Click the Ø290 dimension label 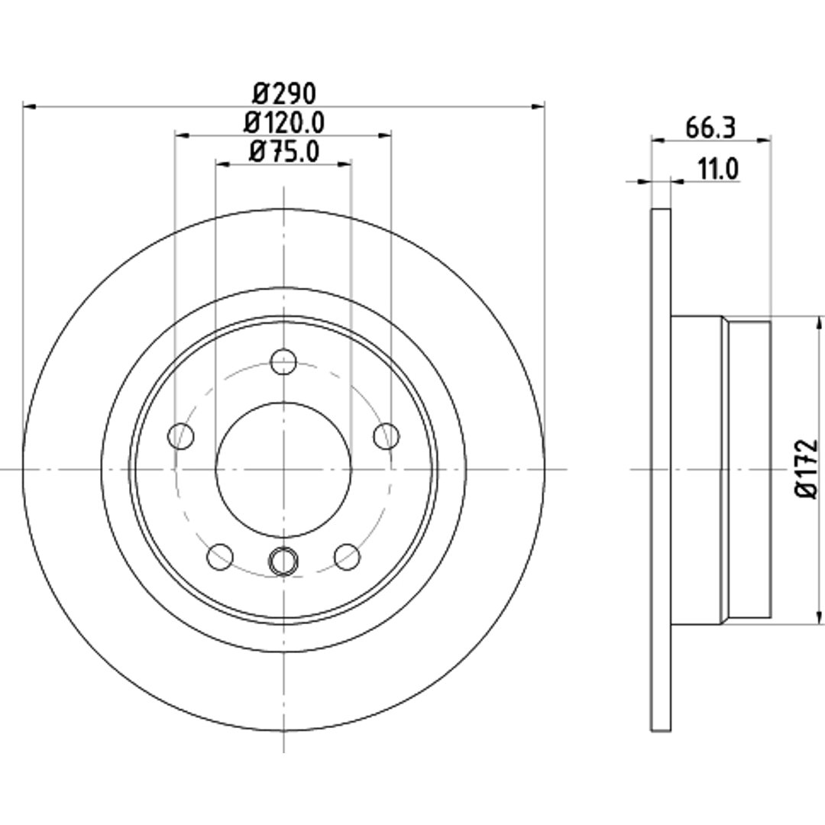tap(284, 94)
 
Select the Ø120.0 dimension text tap(284, 123)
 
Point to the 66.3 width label tap(710, 128)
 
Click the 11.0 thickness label tap(718, 169)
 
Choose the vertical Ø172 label tap(806, 469)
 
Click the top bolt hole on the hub tap(283, 361)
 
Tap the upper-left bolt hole tap(180, 436)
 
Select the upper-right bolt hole tap(387, 436)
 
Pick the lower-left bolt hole tap(220, 557)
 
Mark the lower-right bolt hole tap(348, 557)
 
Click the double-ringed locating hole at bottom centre tap(283, 561)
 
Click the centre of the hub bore tap(283, 469)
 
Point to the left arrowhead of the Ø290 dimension tap(29, 107)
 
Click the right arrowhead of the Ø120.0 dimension tap(386, 136)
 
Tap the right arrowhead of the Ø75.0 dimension tap(345, 165)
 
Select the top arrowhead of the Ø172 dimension tap(819, 323)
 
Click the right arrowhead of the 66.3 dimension tap(765, 140)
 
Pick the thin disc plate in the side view tap(662, 469)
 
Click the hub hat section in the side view tap(721, 469)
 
